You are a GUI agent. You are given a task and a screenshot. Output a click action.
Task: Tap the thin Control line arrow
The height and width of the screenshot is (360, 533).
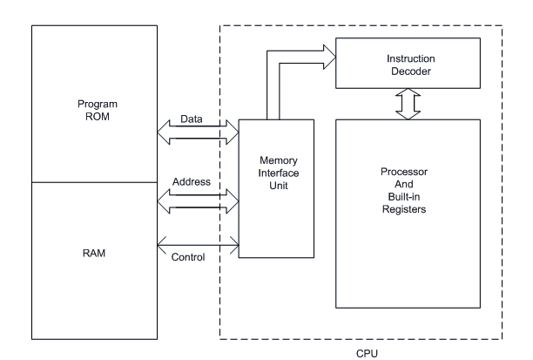tap(196, 245)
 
